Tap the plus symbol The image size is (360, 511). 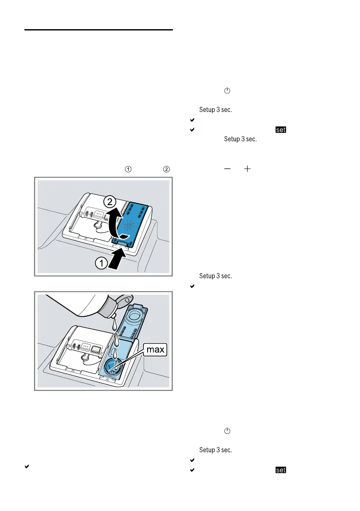247,169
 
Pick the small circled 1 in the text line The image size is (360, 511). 127,169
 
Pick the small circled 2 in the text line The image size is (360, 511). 166,169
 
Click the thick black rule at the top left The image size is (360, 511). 99,30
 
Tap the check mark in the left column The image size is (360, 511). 27,466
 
